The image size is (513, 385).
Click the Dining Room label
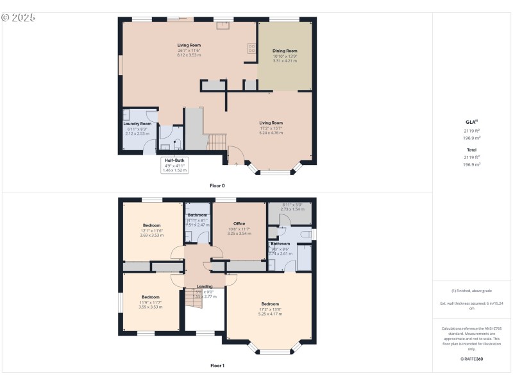(285, 51)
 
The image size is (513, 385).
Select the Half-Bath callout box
(175, 165)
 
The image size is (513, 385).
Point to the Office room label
(239, 223)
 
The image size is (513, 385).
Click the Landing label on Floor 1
(205, 286)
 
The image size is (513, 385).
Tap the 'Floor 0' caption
(217, 185)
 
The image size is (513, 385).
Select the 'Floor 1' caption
(217, 365)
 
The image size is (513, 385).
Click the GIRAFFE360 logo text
(471, 359)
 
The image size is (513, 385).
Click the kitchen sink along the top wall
(223, 26)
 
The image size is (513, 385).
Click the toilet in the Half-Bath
(177, 145)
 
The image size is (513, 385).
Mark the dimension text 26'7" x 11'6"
(189, 50)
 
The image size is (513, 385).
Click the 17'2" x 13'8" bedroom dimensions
(270, 309)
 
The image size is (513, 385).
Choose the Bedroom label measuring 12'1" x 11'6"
(152, 225)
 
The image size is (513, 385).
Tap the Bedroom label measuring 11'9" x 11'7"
(151, 297)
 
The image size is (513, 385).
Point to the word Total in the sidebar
(471, 150)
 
